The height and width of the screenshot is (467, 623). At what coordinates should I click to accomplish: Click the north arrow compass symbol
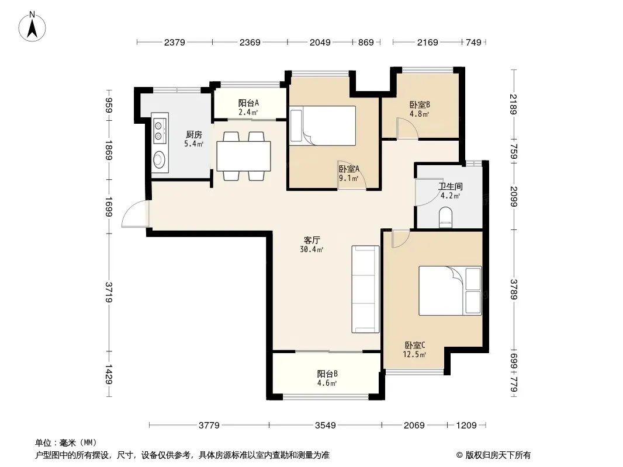click(x=32, y=27)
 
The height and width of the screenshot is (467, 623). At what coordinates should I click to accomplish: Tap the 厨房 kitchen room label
click(x=194, y=135)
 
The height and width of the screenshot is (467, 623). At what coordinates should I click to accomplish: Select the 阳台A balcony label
click(x=249, y=103)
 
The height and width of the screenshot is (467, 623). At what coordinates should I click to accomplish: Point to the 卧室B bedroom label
click(x=420, y=105)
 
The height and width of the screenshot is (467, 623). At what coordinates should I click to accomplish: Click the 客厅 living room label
click(x=312, y=241)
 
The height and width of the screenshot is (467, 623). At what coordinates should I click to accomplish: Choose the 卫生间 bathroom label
click(x=450, y=186)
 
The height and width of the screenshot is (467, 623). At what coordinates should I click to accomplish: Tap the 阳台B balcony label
click(x=327, y=374)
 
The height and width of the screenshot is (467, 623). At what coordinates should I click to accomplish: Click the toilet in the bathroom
click(x=446, y=218)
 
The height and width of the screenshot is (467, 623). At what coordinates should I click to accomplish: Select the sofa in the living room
click(x=365, y=289)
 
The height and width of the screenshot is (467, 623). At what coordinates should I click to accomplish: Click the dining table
click(x=244, y=156)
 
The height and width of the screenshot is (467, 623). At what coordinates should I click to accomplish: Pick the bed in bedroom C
click(x=450, y=291)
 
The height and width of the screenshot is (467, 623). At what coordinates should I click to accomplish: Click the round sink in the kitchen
click(x=160, y=159)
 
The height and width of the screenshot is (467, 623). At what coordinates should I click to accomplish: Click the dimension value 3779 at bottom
click(x=209, y=426)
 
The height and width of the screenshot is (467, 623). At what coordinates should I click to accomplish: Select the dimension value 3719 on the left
click(x=109, y=292)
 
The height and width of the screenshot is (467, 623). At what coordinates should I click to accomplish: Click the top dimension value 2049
click(x=320, y=42)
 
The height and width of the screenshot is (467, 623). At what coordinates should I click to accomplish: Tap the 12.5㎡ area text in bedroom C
click(x=414, y=354)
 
